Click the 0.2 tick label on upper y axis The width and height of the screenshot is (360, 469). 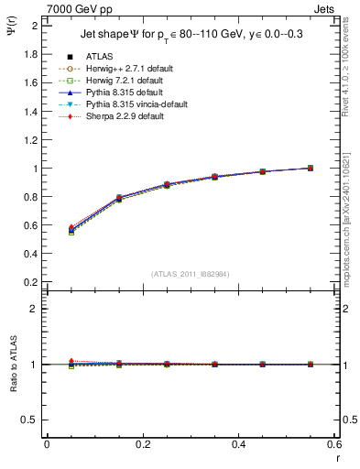pos(30,282)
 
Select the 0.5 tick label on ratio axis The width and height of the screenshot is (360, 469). pos(30,420)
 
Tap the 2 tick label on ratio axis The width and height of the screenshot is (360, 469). pos(35,309)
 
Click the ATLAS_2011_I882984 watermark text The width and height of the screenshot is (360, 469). pos(191,273)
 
